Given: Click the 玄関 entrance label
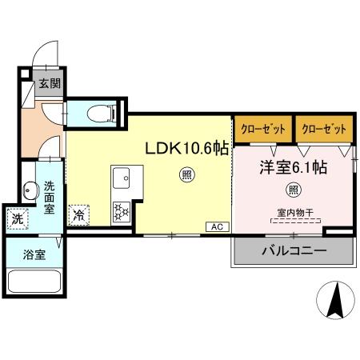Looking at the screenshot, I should coord(47,82).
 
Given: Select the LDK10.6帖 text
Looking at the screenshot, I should coord(185,149).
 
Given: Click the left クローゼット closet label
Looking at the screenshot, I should coord(262,129).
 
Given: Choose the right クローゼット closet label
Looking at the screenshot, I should coord(323,129).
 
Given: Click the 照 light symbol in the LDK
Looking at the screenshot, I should coord(185,175).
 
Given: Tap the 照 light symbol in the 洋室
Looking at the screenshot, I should coord(293,190).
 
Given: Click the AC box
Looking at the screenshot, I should coord(215,226).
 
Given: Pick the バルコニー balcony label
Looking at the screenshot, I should coord(293,251).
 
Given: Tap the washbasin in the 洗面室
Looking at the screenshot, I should coord(30,191).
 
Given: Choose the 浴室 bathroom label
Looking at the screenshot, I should coord(34,257).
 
